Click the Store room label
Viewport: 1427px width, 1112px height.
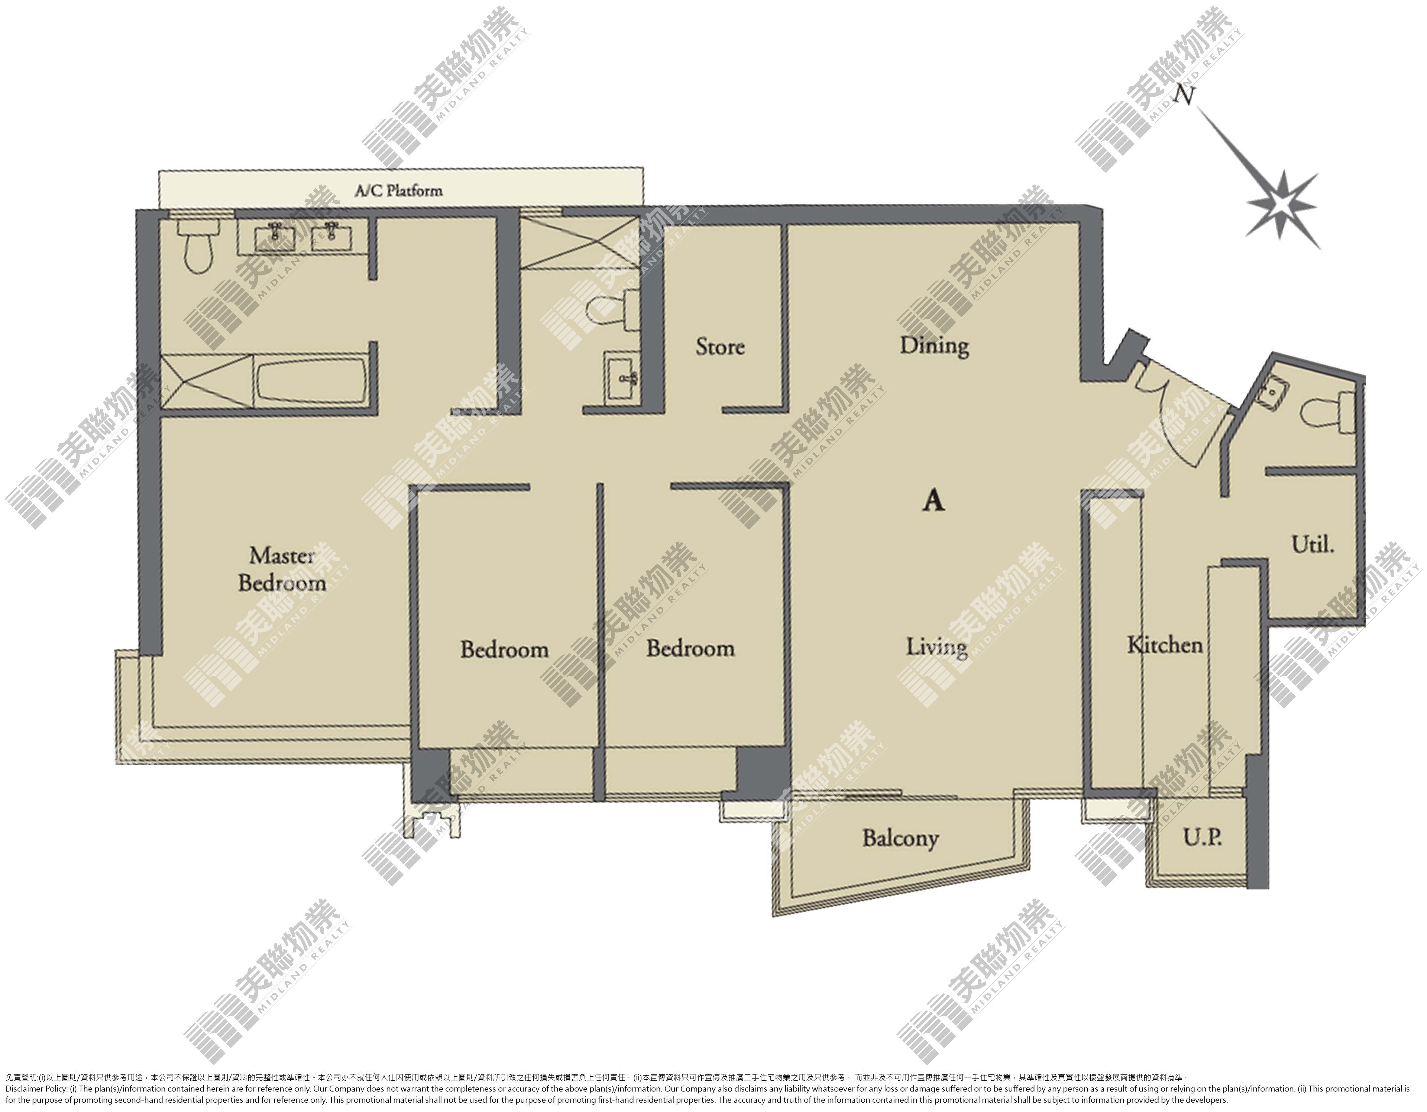(x=720, y=347)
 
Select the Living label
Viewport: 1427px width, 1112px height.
(x=936, y=647)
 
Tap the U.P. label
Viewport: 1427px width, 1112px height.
(x=1202, y=838)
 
